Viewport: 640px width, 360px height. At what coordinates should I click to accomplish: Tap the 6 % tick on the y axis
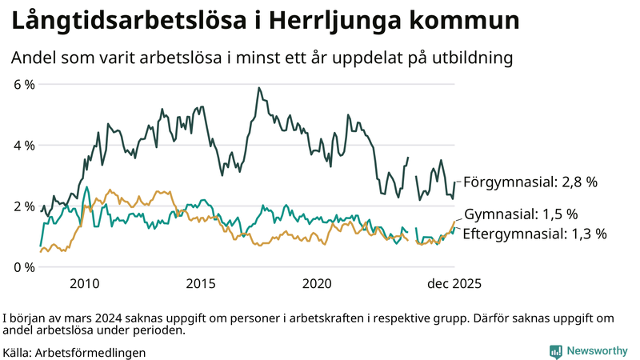pyautogui.click(x=23, y=84)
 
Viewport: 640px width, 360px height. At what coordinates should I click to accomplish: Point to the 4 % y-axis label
pyautogui.click(x=23, y=145)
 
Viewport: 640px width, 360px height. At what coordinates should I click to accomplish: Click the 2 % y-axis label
pyautogui.click(x=23, y=206)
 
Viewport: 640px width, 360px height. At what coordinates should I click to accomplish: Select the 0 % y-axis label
pyautogui.click(x=23, y=266)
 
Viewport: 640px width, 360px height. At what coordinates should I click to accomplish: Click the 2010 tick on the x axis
pyautogui.click(x=84, y=283)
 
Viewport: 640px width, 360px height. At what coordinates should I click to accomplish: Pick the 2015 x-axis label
pyautogui.click(x=201, y=283)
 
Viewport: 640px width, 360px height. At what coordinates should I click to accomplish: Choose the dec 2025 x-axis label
pyautogui.click(x=454, y=283)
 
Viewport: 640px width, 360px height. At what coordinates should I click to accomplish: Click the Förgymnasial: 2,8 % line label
pyautogui.click(x=530, y=182)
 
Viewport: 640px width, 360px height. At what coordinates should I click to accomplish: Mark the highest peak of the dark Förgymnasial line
pyautogui.click(x=258, y=88)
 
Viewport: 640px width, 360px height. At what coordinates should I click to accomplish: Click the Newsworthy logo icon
pyautogui.click(x=556, y=351)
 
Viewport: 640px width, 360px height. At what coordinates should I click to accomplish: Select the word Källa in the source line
pyautogui.click(x=17, y=352)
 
